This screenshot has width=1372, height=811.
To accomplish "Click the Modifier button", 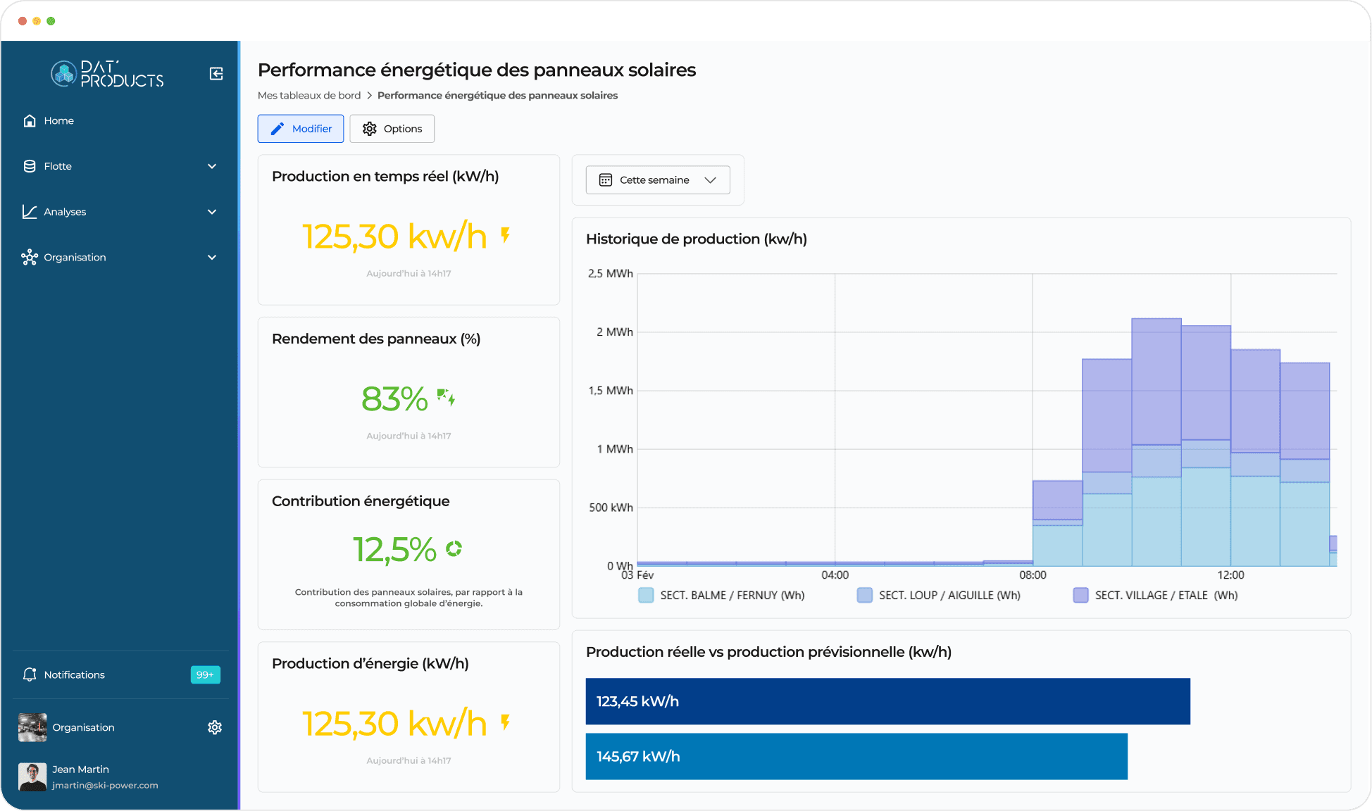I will pyautogui.click(x=301, y=129).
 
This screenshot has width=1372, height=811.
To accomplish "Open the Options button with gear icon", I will pyautogui.click(x=392, y=129).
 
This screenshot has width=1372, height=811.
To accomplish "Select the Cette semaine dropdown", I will pyautogui.click(x=657, y=180).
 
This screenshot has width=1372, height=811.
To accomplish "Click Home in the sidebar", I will pyautogui.click(x=58, y=121).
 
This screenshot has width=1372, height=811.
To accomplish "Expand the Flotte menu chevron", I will pyautogui.click(x=212, y=167).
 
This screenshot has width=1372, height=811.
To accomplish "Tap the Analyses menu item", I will pyautogui.click(x=65, y=212).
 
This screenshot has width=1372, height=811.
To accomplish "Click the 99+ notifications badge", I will pyautogui.click(x=205, y=674).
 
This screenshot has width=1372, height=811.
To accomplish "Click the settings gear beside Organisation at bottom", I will pyautogui.click(x=215, y=727).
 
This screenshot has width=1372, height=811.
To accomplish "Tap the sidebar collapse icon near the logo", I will pyautogui.click(x=216, y=74).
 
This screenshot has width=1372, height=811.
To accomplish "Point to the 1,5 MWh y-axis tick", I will pyautogui.click(x=611, y=391).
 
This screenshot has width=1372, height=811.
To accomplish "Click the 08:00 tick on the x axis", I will pyautogui.click(x=1033, y=575).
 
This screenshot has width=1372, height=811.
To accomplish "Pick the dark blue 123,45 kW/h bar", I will pyautogui.click(x=887, y=701).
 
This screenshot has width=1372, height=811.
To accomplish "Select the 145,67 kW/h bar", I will pyautogui.click(x=856, y=756).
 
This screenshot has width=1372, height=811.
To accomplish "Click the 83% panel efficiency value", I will pyautogui.click(x=394, y=399).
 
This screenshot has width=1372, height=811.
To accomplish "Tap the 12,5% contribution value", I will pyautogui.click(x=394, y=550).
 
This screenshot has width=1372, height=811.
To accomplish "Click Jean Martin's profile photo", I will pyautogui.click(x=32, y=777).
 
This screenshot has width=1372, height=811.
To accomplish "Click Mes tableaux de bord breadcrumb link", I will pyautogui.click(x=308, y=96).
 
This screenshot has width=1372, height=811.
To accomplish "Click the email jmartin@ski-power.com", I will pyautogui.click(x=105, y=786).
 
